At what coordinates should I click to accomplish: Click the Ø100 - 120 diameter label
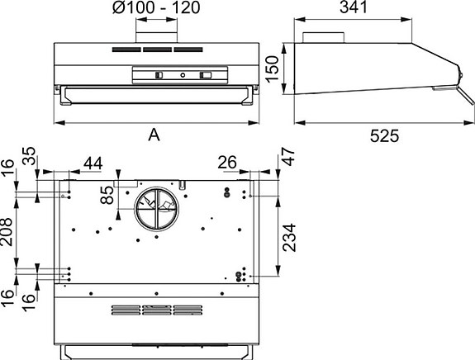pos(156,7)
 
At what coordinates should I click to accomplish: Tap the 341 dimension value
pos(354,7)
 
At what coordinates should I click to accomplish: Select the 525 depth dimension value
pos(384,136)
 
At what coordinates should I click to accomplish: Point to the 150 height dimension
pos(272,69)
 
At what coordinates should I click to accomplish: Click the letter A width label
pos(154,135)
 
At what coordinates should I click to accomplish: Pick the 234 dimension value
pos(289,237)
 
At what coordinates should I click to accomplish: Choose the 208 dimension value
pos(7,232)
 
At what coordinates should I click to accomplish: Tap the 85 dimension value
pos(107,195)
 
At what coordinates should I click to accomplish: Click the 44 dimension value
pos(93,163)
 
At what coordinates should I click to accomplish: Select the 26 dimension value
pos(227,163)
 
